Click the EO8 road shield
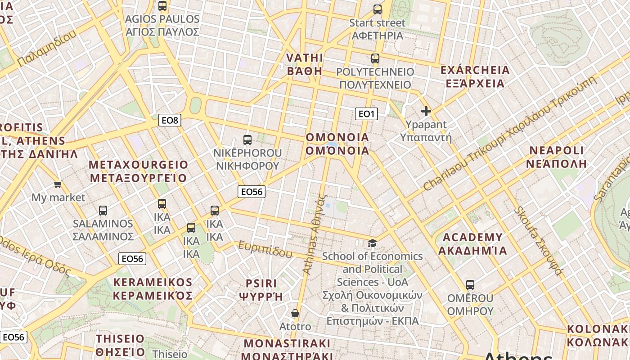click(170, 120)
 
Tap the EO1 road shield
click(366, 114)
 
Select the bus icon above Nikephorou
click(247, 139)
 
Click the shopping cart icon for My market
click(58, 184)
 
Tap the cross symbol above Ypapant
click(426, 111)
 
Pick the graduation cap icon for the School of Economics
click(372, 243)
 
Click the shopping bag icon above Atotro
click(295, 313)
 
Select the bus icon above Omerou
click(470, 284)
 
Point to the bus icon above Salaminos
click(103, 210)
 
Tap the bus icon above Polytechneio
click(375, 58)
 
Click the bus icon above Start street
click(377, 9)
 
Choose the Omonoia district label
click(337, 144)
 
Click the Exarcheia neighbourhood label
click(475, 76)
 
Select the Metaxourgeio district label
click(138, 171)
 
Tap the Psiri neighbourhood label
click(261, 289)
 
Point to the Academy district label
click(472, 244)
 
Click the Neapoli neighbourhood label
click(556, 157)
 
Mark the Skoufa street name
click(538, 241)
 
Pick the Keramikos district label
click(153, 288)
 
